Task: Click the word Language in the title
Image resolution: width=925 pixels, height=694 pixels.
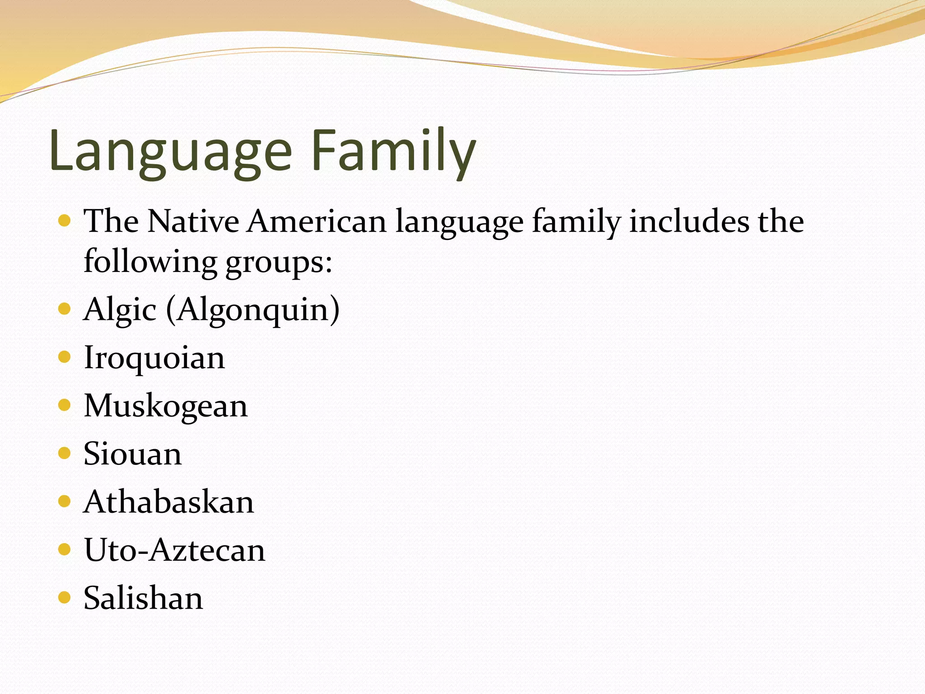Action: pyautogui.click(x=171, y=151)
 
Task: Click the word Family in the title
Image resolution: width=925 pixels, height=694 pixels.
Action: pyautogui.click(x=393, y=151)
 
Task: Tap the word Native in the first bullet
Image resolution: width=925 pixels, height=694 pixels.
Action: pyautogui.click(x=193, y=222)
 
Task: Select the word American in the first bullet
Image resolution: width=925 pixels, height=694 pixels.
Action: pyautogui.click(x=317, y=222)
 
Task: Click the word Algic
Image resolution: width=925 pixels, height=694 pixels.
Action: pyautogui.click(x=120, y=310)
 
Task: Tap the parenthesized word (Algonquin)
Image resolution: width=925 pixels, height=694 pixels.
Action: pyautogui.click(x=253, y=310)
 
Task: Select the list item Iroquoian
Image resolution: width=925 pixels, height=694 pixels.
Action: pyautogui.click(x=154, y=358)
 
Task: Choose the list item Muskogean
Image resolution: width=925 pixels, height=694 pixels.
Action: pyautogui.click(x=166, y=406)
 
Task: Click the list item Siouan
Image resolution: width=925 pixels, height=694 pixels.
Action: pyautogui.click(x=133, y=454)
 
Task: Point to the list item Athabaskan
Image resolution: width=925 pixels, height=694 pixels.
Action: pyautogui.click(x=169, y=502)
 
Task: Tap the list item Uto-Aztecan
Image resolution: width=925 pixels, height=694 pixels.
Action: pyautogui.click(x=175, y=550)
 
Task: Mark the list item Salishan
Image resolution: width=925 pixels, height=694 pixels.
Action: pyautogui.click(x=144, y=598)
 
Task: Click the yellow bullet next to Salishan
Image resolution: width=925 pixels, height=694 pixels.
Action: pyautogui.click(x=65, y=598)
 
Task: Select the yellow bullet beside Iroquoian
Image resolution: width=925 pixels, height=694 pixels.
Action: pyautogui.click(x=65, y=357)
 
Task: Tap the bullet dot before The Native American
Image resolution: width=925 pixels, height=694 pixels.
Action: pyautogui.click(x=65, y=221)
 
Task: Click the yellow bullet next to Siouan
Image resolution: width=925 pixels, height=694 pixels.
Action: pyautogui.click(x=65, y=453)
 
